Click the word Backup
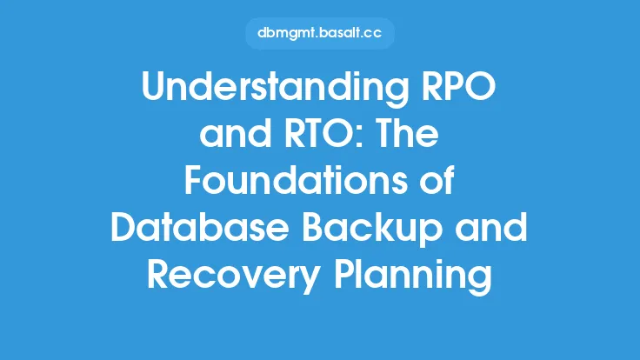tap(372, 230)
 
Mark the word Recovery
tap(234, 277)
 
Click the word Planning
tap(413, 277)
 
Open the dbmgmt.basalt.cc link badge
tap(320, 33)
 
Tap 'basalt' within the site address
tap(336, 32)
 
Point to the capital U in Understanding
tap(154, 87)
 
